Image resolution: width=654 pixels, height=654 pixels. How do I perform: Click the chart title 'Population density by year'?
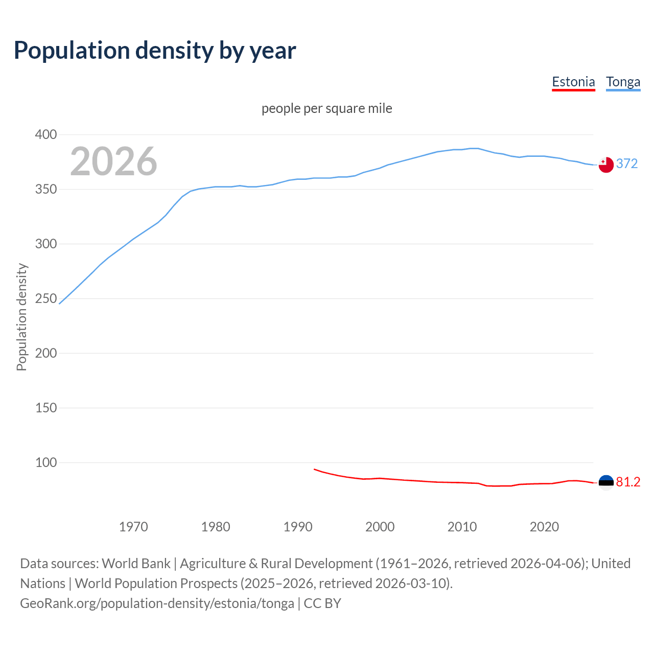155,50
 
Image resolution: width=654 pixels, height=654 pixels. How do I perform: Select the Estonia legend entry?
573,82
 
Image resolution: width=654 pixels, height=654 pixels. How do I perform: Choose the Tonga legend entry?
623,82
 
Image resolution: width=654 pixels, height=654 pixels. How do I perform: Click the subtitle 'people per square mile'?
326,108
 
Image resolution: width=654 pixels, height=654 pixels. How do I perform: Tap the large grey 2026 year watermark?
113,161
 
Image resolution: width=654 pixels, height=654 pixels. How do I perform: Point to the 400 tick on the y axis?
45,135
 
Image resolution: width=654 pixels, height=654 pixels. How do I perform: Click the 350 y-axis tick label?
45,190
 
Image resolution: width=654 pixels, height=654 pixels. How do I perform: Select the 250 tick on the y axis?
45,298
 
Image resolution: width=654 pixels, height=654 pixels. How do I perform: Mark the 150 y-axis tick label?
45,408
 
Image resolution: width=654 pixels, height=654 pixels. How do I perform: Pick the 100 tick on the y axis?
45,462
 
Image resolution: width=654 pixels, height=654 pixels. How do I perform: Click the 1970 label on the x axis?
133,527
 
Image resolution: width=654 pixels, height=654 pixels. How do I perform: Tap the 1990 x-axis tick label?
298,527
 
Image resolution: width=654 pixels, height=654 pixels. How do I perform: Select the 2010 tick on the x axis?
462,527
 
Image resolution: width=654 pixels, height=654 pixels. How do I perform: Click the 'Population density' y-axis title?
21,317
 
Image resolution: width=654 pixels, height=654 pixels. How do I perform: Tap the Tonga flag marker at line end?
606,165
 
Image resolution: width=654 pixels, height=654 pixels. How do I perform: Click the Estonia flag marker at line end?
606,483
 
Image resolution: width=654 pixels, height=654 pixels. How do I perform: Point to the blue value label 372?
627,163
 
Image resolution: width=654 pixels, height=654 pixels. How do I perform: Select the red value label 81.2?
628,482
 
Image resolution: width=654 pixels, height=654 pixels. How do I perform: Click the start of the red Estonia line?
314,469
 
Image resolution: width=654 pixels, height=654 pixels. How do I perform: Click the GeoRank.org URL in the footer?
157,603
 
